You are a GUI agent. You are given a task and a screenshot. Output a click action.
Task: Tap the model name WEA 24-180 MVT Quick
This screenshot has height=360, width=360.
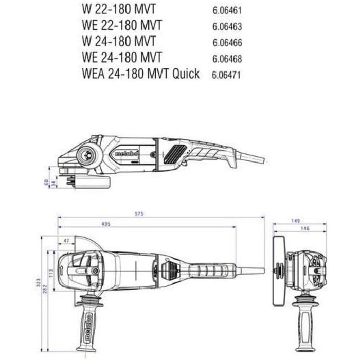coord(140,74)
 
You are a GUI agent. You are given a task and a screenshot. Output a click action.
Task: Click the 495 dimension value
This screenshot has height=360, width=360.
coord(105,224)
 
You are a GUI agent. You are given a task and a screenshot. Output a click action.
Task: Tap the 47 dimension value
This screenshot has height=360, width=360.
coord(66,240)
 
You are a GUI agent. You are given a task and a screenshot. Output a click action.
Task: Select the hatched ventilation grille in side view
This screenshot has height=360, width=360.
coord(176,153)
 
